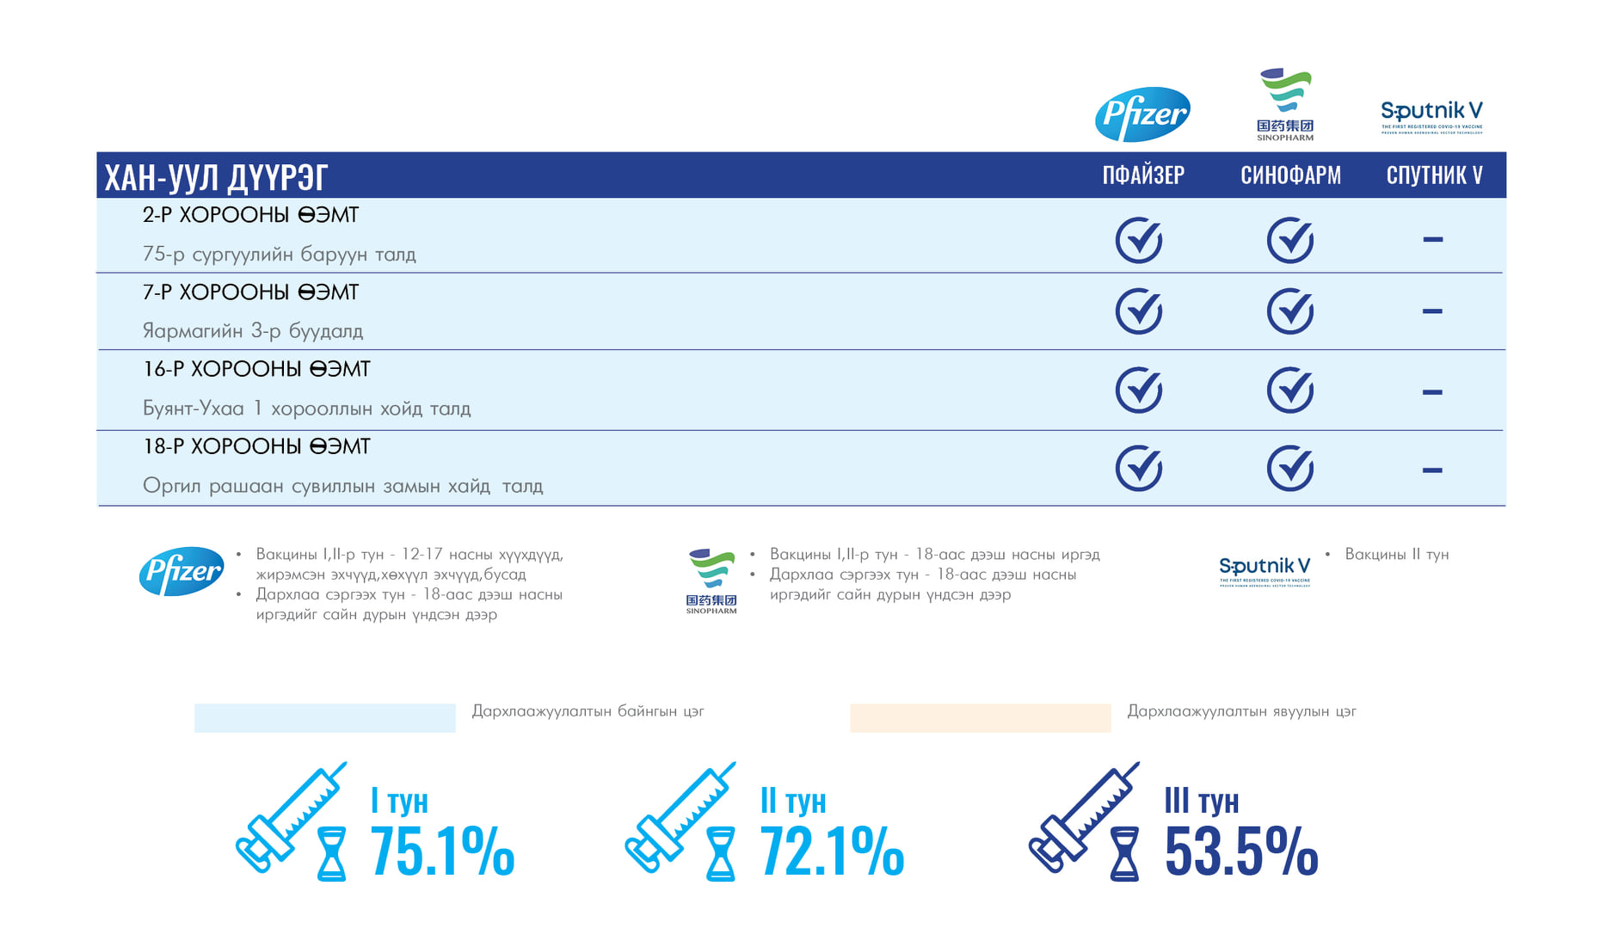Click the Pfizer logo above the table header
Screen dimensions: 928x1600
coord(1142,114)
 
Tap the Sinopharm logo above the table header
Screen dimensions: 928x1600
coord(1285,104)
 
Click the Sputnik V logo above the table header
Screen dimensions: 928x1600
coord(1431,116)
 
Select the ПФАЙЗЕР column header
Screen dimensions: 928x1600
coord(1143,175)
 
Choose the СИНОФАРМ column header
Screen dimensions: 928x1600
coord(1290,175)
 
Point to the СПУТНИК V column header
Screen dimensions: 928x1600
coord(1434,175)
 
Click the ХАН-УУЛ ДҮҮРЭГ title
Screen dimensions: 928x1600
coord(216,177)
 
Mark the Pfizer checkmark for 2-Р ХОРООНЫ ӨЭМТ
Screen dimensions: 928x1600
coord(1139,240)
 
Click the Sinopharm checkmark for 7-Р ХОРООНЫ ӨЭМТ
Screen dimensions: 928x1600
coord(1290,311)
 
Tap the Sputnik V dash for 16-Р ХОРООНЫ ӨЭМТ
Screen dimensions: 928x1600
coord(1432,392)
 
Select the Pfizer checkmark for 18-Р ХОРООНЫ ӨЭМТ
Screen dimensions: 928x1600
coord(1139,468)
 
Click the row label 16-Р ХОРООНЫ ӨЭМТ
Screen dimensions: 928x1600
coord(256,369)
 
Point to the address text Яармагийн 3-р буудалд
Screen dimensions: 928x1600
coord(253,331)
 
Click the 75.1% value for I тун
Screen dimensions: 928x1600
coord(442,852)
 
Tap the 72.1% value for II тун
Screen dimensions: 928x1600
coord(832,852)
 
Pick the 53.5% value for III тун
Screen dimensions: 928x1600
coord(1241,852)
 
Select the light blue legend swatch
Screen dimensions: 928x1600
coord(324,718)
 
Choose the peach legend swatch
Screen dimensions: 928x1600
coord(980,718)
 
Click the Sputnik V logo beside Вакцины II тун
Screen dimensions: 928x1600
coord(1265,570)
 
